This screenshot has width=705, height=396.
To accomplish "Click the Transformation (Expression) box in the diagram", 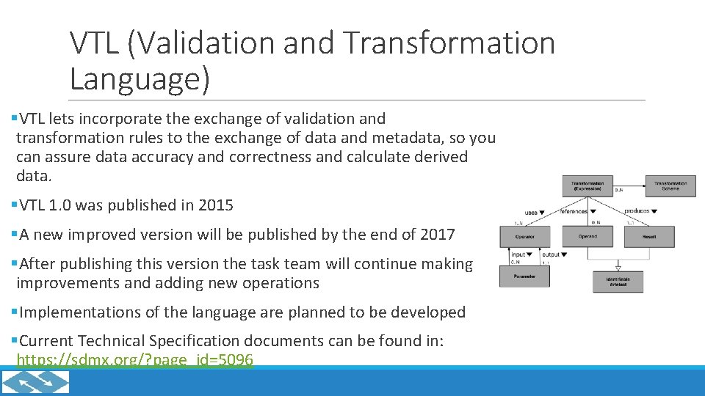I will coord(587,186).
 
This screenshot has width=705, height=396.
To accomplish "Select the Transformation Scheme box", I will coord(670,186).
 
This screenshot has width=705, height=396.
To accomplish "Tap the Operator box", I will coord(524,237).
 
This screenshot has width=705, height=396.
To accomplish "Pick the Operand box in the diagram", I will coord(587,237).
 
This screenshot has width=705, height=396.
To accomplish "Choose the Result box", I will coord(649,237).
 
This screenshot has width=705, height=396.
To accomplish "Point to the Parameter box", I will coord(524,276).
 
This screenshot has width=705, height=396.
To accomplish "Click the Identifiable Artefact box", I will coord(618,282).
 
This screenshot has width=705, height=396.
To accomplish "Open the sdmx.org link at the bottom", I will coord(134,360).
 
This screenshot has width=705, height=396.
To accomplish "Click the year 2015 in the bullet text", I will coord(216,206).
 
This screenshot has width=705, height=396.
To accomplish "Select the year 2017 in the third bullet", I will coord(438,235).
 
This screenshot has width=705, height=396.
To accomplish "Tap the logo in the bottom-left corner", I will coord(35,382).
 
